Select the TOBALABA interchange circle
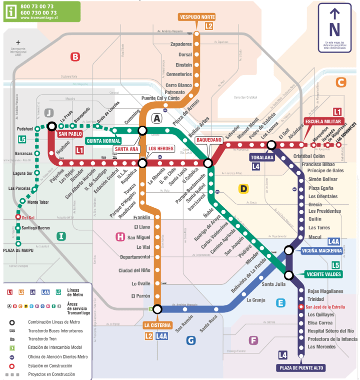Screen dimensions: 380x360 [271, 145]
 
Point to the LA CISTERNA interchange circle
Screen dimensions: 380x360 [157, 309]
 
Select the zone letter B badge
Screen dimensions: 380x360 [75, 57]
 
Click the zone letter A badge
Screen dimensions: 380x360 [157, 119]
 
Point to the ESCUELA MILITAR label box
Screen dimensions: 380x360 [323, 122]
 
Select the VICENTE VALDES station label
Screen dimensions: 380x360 [323, 274]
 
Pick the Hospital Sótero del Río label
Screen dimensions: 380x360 [330, 331]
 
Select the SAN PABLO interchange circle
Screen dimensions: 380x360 [51, 127]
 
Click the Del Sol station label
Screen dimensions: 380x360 [28, 218]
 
